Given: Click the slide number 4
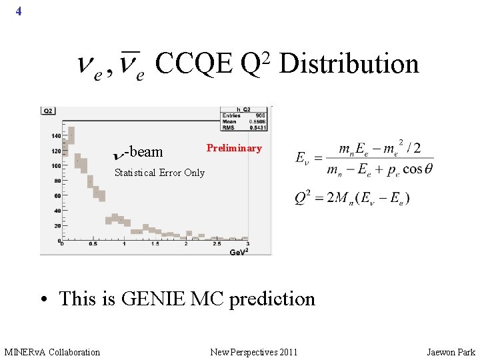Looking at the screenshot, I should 19,11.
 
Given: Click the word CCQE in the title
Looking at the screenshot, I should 193,64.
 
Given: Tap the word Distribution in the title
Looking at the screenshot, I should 349,64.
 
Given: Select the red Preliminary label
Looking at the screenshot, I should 234,148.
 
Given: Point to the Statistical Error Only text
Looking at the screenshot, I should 159,173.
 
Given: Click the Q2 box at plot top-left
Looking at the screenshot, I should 49,111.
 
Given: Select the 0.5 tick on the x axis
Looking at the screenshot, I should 93,245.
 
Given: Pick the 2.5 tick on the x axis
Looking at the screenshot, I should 217,245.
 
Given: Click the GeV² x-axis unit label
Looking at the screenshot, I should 239,251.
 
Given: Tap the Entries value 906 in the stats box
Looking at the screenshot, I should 260,115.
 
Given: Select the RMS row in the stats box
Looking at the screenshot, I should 245,127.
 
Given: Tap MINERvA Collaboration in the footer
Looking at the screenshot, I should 52,352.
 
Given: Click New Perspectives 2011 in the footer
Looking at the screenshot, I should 254,352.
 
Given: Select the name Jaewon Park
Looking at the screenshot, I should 451,352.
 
